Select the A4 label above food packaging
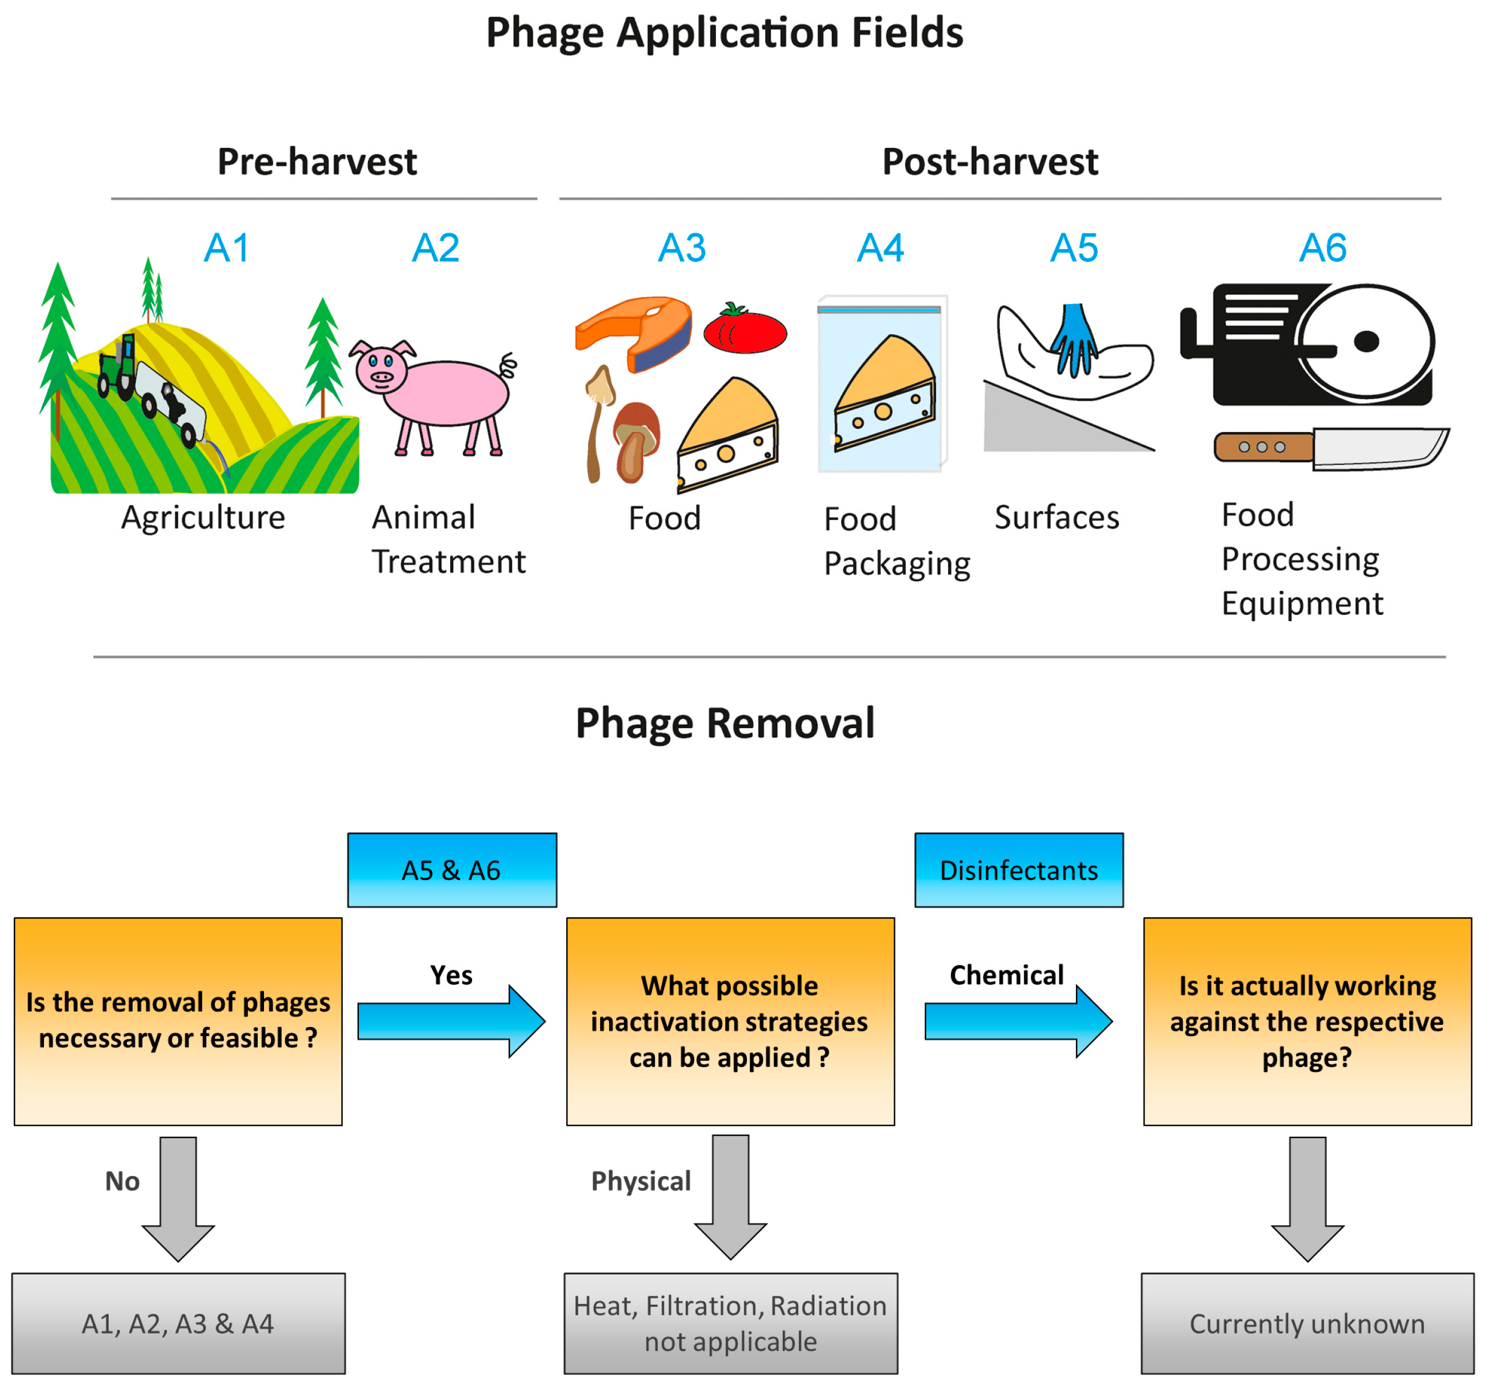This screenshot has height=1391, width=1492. [881, 247]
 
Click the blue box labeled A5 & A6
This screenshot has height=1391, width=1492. [452, 870]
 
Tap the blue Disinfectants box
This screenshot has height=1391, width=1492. [1018, 870]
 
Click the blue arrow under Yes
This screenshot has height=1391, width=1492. [451, 1021]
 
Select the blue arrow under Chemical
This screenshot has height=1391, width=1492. [1018, 1021]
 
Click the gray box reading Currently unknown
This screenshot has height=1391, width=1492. [1307, 1324]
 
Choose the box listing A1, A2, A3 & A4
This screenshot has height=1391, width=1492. [178, 1324]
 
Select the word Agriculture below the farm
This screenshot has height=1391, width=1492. [203, 517]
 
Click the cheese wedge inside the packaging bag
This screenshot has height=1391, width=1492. [886, 394]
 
